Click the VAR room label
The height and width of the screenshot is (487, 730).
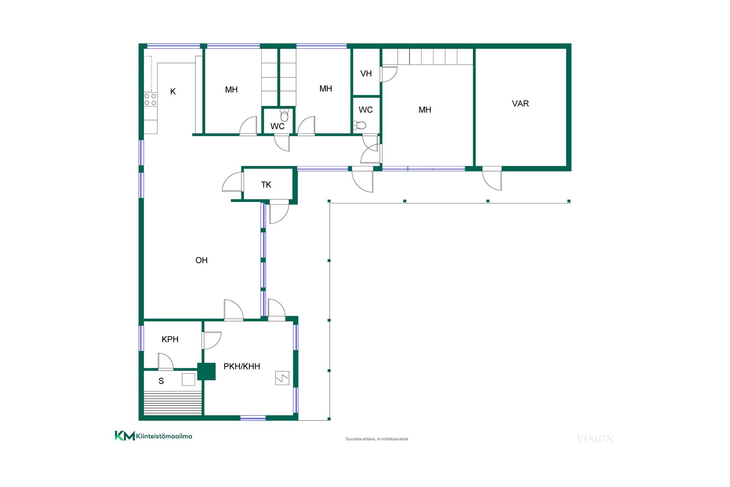pos(520,103)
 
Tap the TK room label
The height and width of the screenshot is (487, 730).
pos(266,185)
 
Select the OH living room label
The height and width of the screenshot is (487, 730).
pos(202,260)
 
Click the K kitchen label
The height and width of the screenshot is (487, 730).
pos(173,92)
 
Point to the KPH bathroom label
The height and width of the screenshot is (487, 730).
pos(170,339)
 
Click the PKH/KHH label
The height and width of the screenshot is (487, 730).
pos(242,366)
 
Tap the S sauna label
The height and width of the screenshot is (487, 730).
pos(161,381)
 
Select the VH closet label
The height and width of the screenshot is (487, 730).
pos(366,74)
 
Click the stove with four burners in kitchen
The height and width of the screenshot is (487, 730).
pos(151,100)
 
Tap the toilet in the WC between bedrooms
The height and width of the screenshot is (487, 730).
pos(284,115)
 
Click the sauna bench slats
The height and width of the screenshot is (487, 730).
pos(173,403)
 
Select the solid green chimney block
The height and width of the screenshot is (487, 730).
pos(206,371)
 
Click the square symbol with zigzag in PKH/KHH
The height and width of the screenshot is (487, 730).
pos(282,379)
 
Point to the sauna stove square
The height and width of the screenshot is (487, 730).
pos(189,379)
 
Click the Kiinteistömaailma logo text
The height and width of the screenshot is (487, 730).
pos(164,436)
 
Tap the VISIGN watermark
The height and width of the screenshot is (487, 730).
pos(595,439)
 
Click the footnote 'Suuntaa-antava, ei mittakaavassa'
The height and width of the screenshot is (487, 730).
pos(377,439)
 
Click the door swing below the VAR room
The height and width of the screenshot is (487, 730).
pos(492,178)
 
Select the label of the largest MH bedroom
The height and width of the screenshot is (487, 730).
pos(425,110)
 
